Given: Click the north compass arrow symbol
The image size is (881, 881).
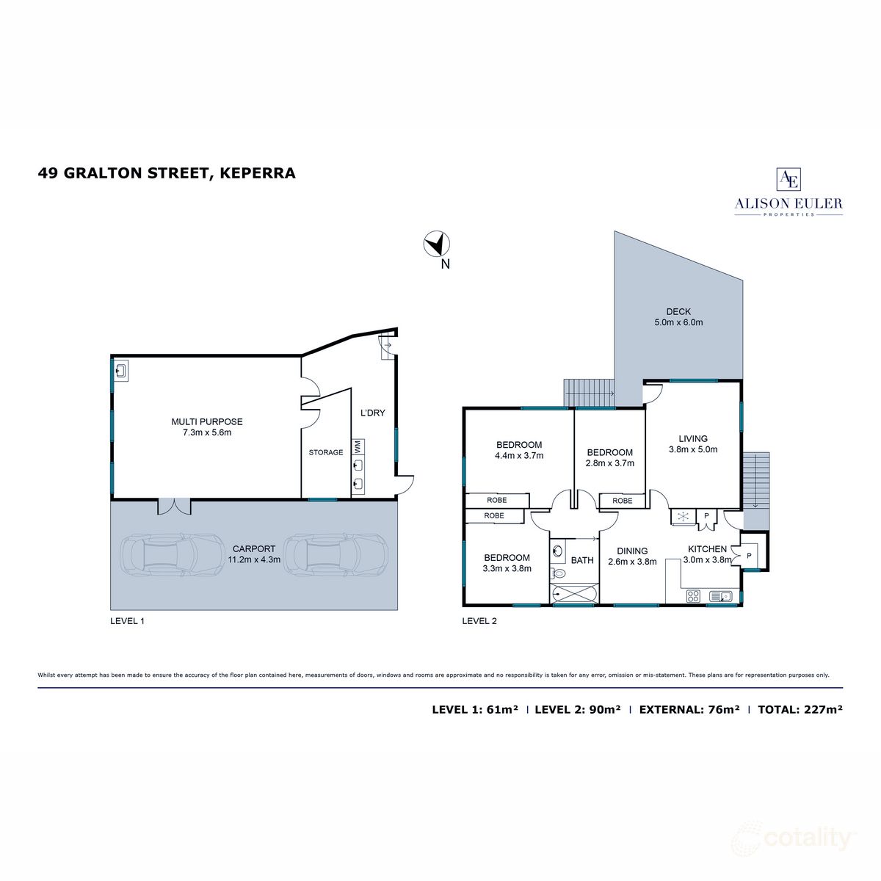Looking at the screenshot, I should coord(437,244).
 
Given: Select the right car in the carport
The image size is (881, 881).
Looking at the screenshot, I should coord(336,555).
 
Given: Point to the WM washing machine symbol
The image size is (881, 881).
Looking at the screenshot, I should coord(358,446).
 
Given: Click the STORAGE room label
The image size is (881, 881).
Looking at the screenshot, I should coord(325,452).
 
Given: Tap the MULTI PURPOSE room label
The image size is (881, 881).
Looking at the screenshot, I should coord(206,421).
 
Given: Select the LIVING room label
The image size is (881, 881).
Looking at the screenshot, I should coord(692,439).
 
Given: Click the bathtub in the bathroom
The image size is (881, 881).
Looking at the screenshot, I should coord(573,593).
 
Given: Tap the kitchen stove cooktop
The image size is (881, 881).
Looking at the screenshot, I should coord(692,596).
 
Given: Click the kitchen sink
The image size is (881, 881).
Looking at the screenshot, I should coord(719,596).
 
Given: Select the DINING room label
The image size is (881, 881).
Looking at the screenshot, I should coord(631,551).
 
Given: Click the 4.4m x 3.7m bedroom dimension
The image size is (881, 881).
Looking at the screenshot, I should coord(519,455).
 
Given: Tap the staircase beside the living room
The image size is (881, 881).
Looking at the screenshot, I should coord(755,481).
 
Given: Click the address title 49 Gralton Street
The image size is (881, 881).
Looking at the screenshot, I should coord(167,173).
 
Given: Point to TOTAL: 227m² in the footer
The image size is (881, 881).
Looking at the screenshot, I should coord(799,709).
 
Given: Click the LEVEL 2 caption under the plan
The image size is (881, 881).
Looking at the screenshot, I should coord(479,621).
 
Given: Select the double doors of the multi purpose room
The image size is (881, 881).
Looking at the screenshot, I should coord(174,507).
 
